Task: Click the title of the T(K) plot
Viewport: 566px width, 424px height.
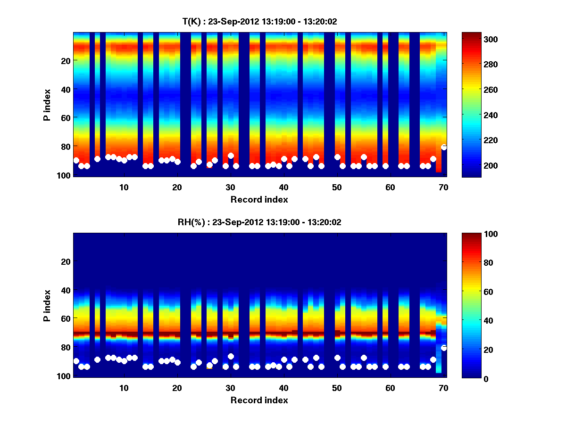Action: coord(260,22)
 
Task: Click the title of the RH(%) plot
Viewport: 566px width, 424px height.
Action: coord(260,222)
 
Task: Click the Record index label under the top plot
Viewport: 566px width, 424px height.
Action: coord(259,199)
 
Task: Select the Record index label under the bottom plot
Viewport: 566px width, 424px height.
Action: coord(259,400)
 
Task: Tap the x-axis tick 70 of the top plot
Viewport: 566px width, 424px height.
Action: coord(443,187)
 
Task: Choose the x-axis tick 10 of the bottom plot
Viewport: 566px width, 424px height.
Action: coord(124,388)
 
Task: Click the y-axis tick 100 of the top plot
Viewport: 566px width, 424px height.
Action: coord(65,175)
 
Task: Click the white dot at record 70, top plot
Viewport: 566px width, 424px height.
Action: coord(444,147)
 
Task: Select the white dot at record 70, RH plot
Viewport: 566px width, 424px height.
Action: coord(444,348)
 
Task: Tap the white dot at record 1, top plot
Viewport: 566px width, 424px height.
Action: coord(76,161)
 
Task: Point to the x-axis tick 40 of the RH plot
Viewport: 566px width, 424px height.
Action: coord(283,388)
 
